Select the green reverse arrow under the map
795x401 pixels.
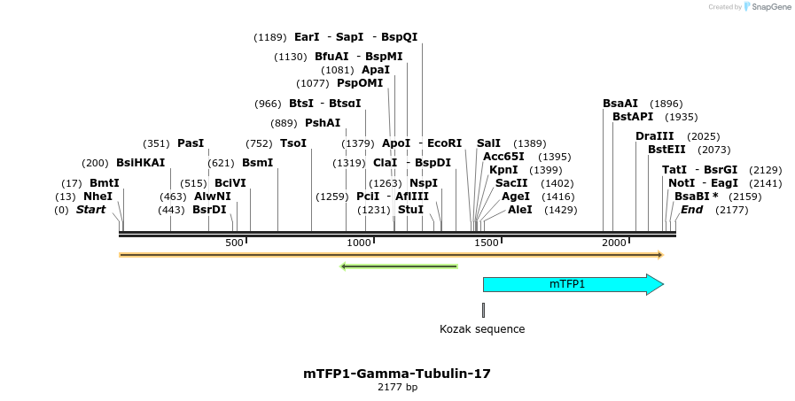tap(399, 266)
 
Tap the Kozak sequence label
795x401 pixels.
tap(482, 329)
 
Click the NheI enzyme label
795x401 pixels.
tap(97, 197)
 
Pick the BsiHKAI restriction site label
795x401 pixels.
tap(140, 163)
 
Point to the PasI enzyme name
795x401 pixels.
tap(191, 143)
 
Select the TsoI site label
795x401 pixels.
tap(293, 143)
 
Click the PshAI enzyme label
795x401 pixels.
tap(323, 123)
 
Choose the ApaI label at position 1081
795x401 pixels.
tap(376, 70)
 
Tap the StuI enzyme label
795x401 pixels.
tap(410, 210)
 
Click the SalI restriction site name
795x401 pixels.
tap(488, 143)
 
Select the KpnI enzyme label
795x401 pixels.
tap(503, 170)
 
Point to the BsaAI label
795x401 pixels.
tap(620, 104)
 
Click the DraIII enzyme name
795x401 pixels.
tap(655, 136)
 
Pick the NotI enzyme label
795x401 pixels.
tap(682, 183)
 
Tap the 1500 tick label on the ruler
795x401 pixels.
tap(486, 243)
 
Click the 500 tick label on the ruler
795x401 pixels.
tap(234, 243)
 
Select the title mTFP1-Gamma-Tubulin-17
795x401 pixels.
tap(397, 374)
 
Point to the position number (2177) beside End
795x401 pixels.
tap(731, 210)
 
